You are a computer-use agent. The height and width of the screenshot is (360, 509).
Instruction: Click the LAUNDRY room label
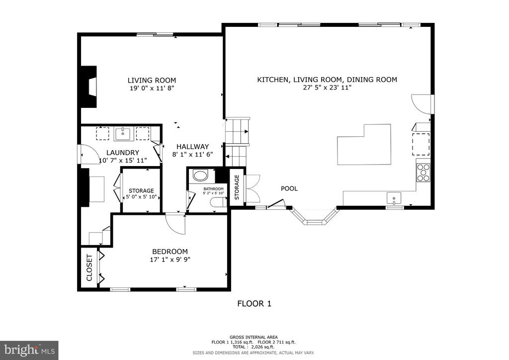click(123, 153)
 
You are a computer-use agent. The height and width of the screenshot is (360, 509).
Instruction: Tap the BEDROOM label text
click(170, 252)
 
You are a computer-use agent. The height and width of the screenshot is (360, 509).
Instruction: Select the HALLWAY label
click(192, 147)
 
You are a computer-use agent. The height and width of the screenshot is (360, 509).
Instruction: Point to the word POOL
click(289, 188)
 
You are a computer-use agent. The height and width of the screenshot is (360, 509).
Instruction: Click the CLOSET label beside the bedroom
click(89, 268)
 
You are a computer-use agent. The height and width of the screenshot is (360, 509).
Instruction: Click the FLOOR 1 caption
click(254, 304)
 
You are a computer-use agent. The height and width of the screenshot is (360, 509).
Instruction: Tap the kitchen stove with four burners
click(424, 173)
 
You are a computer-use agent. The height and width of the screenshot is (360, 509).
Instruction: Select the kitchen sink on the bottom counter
click(394, 198)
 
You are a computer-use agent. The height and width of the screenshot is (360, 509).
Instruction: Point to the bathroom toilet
click(219, 202)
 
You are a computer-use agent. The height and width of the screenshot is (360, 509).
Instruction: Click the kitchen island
click(364, 145)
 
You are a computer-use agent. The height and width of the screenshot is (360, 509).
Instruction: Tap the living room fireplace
click(89, 87)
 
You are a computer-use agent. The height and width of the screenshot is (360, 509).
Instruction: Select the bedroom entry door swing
click(175, 223)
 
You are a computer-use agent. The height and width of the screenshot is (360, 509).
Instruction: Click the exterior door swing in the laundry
click(87, 154)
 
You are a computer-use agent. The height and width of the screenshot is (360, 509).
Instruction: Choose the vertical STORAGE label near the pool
click(237, 187)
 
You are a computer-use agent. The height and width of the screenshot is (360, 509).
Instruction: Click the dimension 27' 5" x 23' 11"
click(327, 88)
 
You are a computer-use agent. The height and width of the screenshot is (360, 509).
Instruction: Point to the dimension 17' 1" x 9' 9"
click(170, 260)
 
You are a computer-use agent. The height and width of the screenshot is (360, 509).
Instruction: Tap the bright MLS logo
click(29, 350)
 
